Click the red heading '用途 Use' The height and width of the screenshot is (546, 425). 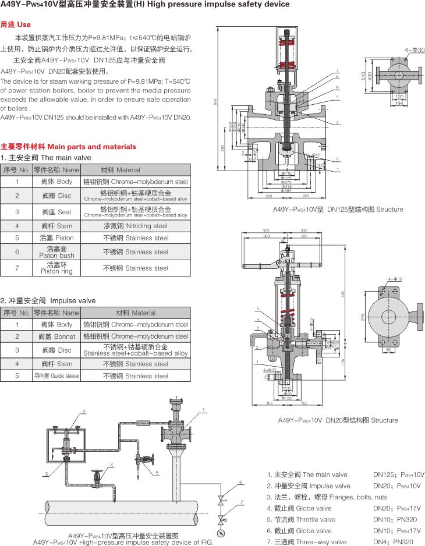coord(16,25)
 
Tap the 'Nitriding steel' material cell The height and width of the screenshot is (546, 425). coord(135,225)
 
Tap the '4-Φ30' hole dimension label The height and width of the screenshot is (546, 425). coord(415,51)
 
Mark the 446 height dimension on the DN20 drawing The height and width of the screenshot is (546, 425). coord(343,295)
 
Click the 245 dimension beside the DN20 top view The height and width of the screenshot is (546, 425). coord(363,317)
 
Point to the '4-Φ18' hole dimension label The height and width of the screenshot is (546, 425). coord(395,279)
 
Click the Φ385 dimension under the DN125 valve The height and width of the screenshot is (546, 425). coord(286,191)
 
